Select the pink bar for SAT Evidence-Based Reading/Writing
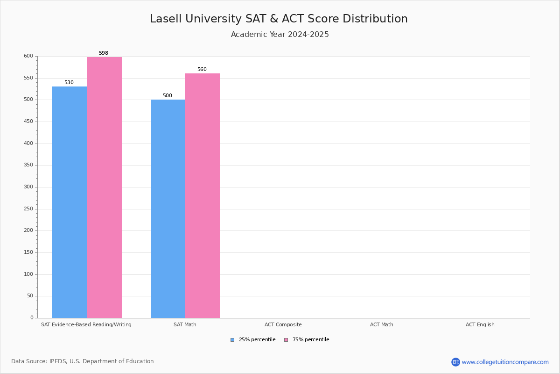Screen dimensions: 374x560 click(104, 187)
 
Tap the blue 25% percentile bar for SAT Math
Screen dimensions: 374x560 click(168, 209)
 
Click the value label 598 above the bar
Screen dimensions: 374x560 click(103, 53)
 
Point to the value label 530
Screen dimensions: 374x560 click(69, 83)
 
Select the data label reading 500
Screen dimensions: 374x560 click(167, 96)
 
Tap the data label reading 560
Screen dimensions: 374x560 click(202, 70)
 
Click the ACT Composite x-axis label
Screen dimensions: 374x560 click(283, 324)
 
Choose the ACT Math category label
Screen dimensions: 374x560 click(381, 324)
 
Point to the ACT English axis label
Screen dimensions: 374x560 click(480, 324)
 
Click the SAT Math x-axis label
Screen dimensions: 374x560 click(185, 324)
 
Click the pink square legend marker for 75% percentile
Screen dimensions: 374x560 click(286, 340)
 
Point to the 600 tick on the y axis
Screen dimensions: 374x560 click(28, 56)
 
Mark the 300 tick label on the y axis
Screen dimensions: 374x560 click(28, 187)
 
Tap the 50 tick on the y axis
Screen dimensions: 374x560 click(30, 296)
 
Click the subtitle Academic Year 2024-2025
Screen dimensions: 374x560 click(280, 35)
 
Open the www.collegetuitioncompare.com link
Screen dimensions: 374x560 click(505, 362)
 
